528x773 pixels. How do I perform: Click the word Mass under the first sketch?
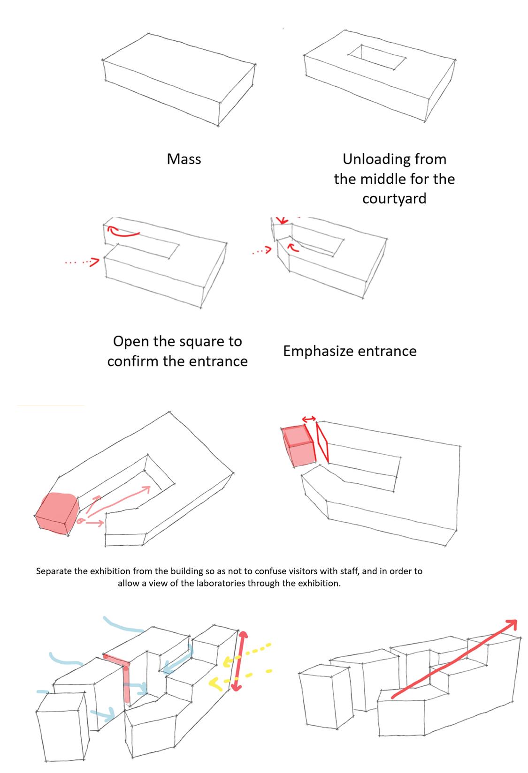click(x=184, y=159)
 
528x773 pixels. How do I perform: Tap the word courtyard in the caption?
click(x=394, y=198)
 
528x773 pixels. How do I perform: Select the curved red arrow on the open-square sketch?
click(x=123, y=231)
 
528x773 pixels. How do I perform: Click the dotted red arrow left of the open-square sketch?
click(x=83, y=262)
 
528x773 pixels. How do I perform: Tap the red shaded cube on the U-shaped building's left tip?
click(x=58, y=514)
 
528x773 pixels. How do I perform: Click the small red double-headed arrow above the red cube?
click(x=308, y=419)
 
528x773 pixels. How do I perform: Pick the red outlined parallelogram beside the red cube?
click(x=322, y=443)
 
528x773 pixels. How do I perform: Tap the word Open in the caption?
click(x=130, y=341)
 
